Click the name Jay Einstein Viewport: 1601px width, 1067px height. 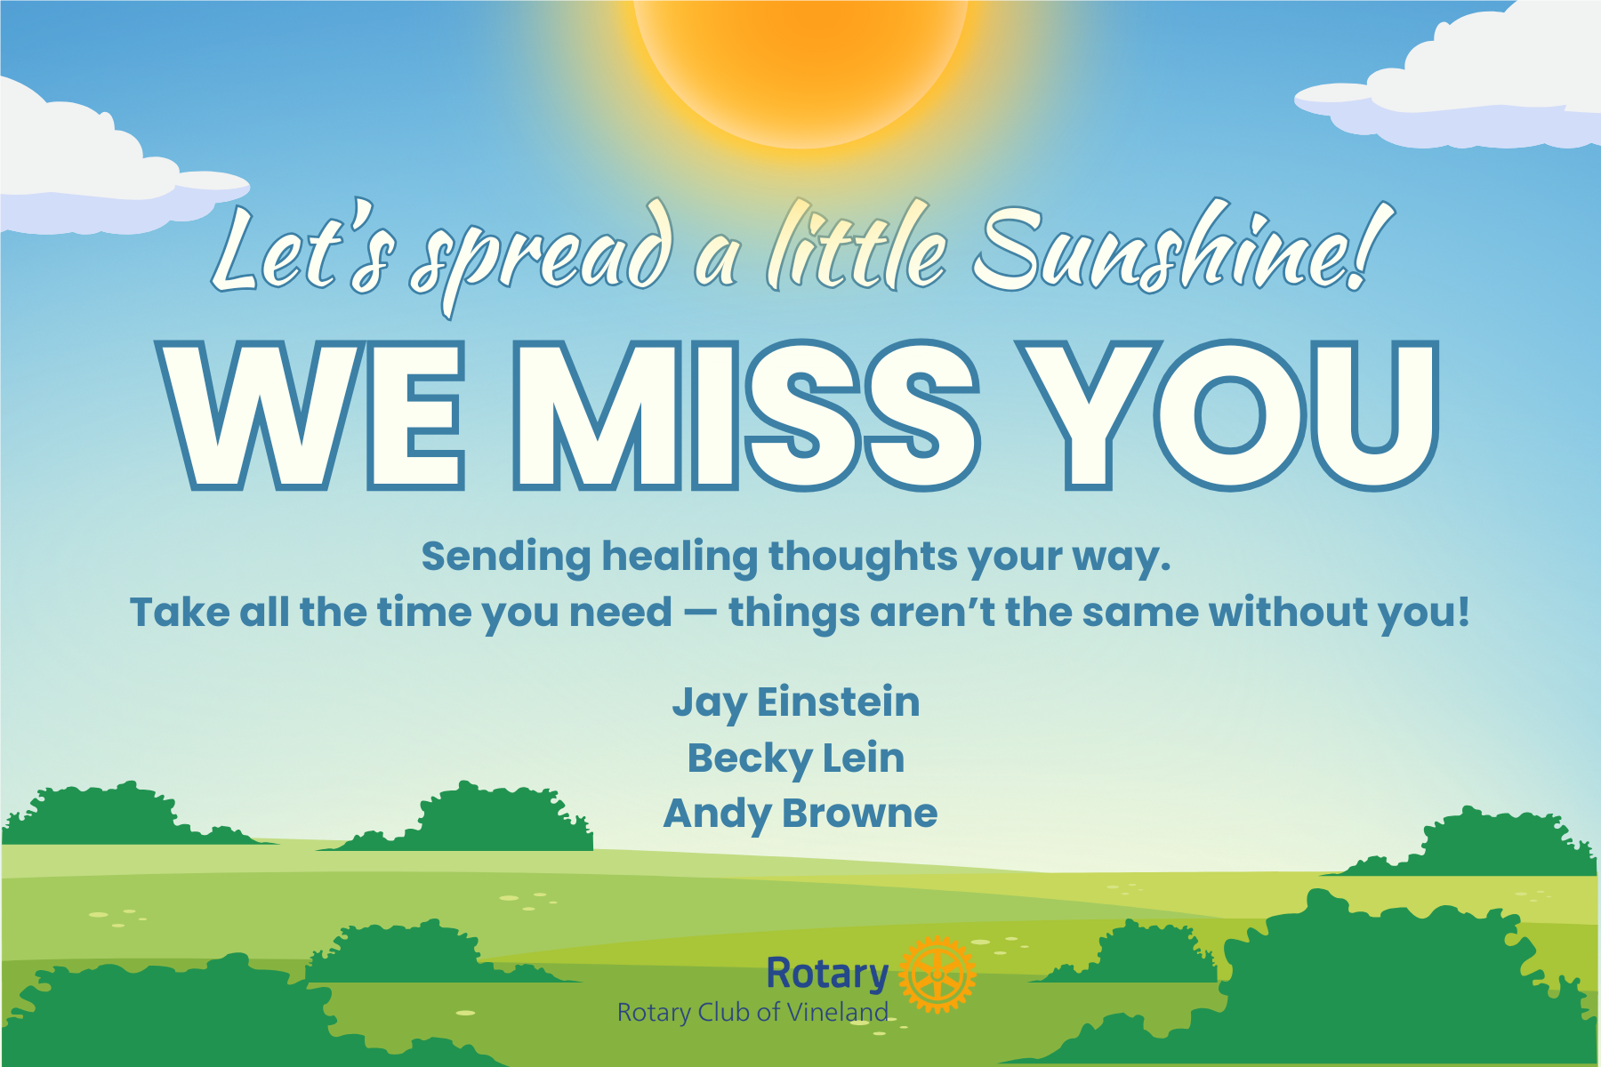pos(796,702)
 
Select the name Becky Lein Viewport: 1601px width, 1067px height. pos(796,758)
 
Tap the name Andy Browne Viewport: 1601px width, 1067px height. pos(800,814)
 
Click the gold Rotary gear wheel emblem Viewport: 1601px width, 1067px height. pos(937,975)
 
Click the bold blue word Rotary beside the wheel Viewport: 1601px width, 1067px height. pos(827,974)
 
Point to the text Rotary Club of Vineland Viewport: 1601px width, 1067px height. pos(752,1012)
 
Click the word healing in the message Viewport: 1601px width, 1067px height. pos(680,557)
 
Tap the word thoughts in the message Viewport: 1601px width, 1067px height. pos(863,557)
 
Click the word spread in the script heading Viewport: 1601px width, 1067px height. pos(543,258)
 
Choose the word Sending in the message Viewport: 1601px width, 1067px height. pos(506,558)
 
